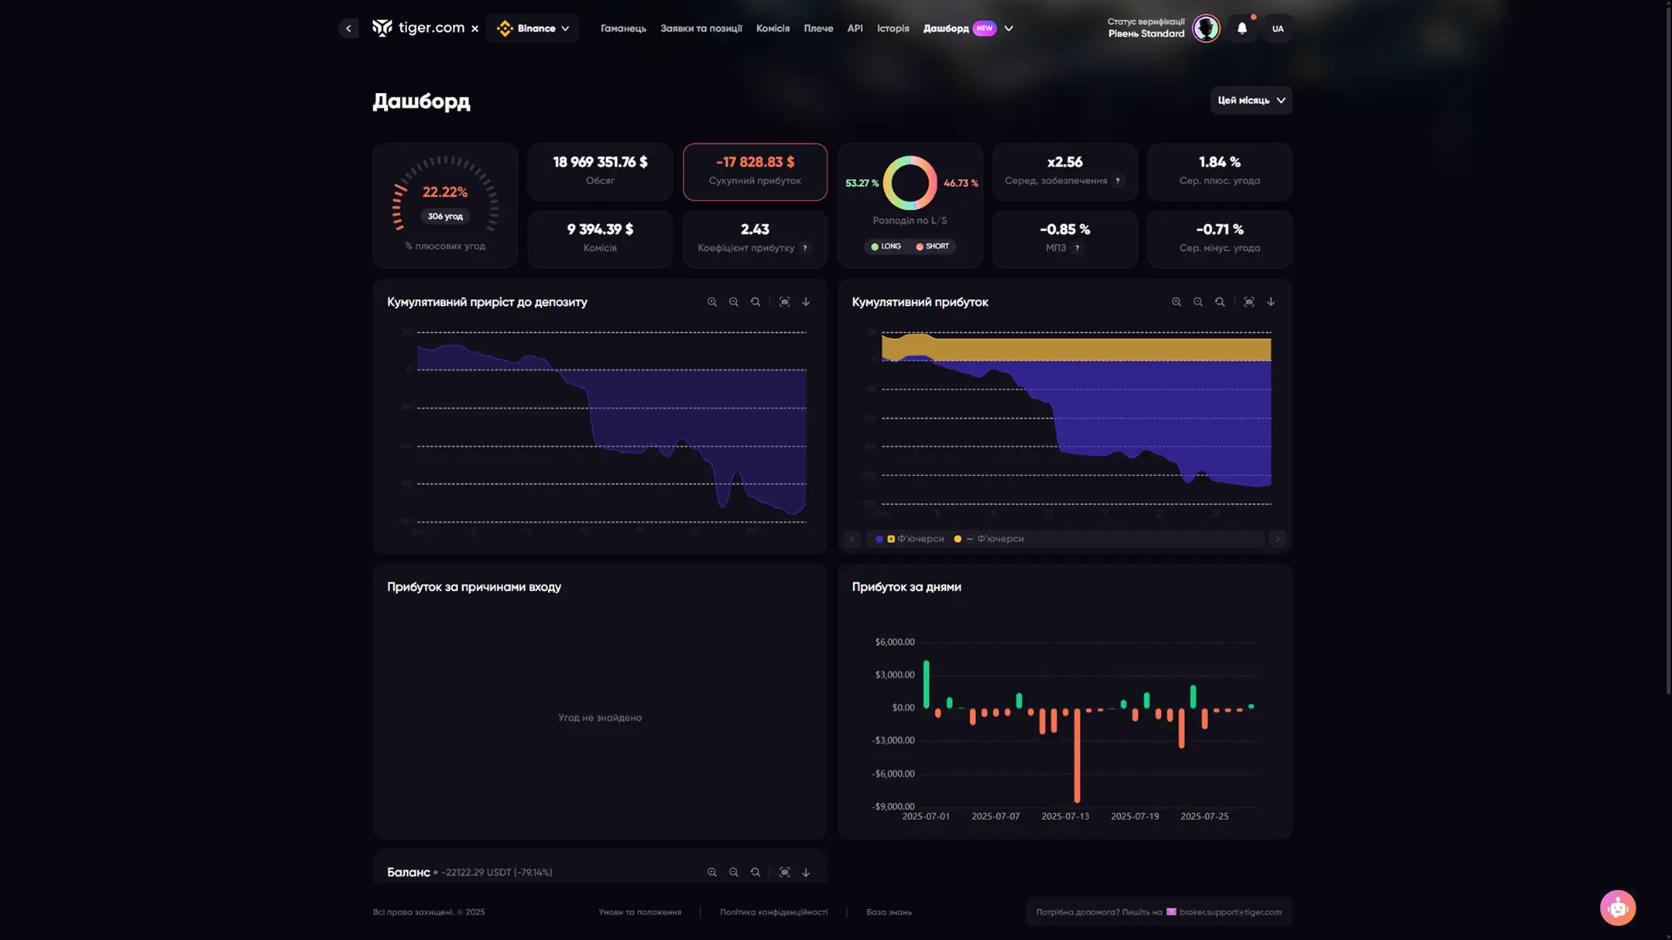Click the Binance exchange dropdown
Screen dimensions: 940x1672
click(x=533, y=29)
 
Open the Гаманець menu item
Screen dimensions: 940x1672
click(x=623, y=29)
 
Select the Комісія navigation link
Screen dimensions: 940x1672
click(x=773, y=29)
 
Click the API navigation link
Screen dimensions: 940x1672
click(x=855, y=29)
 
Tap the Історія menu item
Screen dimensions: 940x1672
click(x=893, y=29)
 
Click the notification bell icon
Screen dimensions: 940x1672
click(x=1242, y=29)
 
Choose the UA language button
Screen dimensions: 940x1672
click(x=1277, y=29)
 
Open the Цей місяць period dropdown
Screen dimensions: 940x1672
click(x=1251, y=100)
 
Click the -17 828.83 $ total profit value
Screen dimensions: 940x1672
click(x=755, y=162)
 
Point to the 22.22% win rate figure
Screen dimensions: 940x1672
click(x=444, y=192)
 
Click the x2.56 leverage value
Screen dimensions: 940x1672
click(x=1064, y=162)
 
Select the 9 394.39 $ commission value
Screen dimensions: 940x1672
click(x=600, y=229)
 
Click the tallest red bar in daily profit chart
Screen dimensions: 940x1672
click(x=1077, y=759)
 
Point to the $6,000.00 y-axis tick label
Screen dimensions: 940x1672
click(x=894, y=642)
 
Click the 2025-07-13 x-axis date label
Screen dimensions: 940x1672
click(x=1064, y=816)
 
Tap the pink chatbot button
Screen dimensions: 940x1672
click(x=1617, y=907)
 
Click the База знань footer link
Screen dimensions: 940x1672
click(x=889, y=912)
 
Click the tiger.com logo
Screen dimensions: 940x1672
click(x=419, y=29)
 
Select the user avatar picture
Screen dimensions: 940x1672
click(x=1205, y=29)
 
